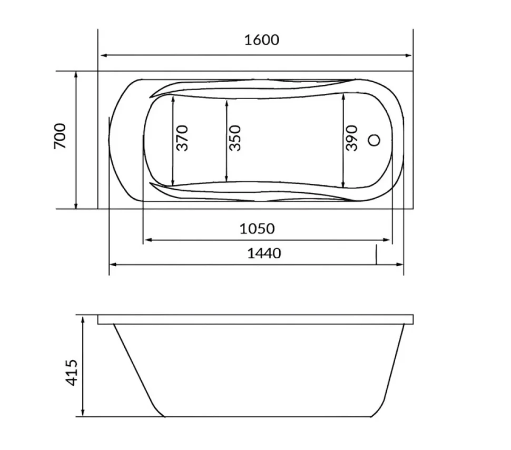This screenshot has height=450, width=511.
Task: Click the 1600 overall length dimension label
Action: click(262, 40)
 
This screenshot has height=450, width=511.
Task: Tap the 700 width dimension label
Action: click(60, 136)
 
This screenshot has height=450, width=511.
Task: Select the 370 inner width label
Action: click(182, 138)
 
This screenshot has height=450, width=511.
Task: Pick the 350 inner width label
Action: click(234, 138)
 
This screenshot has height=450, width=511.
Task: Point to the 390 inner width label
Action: click(351, 138)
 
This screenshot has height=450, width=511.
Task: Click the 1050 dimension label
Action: click(257, 229)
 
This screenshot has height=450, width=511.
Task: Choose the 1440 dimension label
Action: click(264, 253)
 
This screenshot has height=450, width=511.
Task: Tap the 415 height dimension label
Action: click(72, 373)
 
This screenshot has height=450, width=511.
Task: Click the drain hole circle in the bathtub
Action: click(374, 140)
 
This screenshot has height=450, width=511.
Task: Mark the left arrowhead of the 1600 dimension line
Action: click(104, 55)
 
